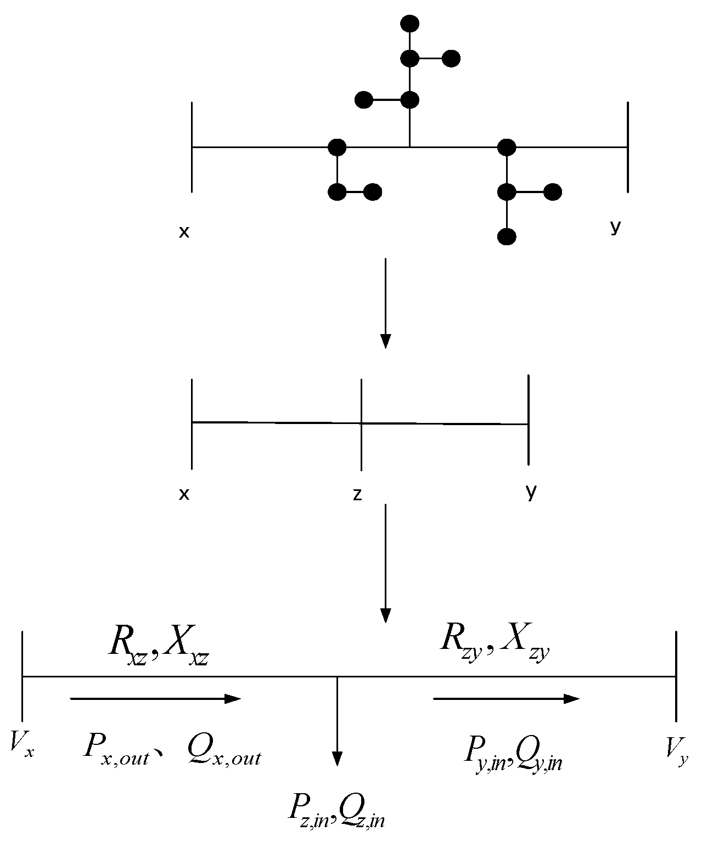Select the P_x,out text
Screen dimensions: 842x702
(x=117, y=747)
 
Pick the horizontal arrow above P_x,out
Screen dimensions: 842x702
(x=156, y=698)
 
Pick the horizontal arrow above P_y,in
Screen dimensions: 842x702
(x=506, y=698)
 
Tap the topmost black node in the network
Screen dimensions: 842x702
(x=410, y=24)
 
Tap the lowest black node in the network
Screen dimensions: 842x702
(x=506, y=237)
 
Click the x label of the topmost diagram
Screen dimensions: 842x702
(x=184, y=232)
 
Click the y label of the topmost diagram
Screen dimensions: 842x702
(x=615, y=227)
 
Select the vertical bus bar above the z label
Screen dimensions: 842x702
(x=361, y=424)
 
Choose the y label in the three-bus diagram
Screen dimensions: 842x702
(x=530, y=492)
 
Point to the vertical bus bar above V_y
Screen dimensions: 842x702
(x=676, y=676)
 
